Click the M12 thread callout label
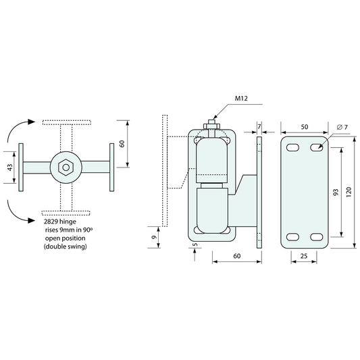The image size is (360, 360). (241, 99)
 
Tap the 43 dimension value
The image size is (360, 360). (10, 167)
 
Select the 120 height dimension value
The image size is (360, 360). (349, 192)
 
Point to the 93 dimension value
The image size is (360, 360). (336, 192)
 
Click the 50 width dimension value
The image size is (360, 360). (305, 127)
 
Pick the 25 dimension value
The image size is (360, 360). (304, 256)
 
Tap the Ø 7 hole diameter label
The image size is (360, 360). (342, 127)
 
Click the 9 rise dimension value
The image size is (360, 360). (154, 237)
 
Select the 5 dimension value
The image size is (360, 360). (195, 245)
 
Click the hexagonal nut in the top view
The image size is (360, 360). (66, 168)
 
